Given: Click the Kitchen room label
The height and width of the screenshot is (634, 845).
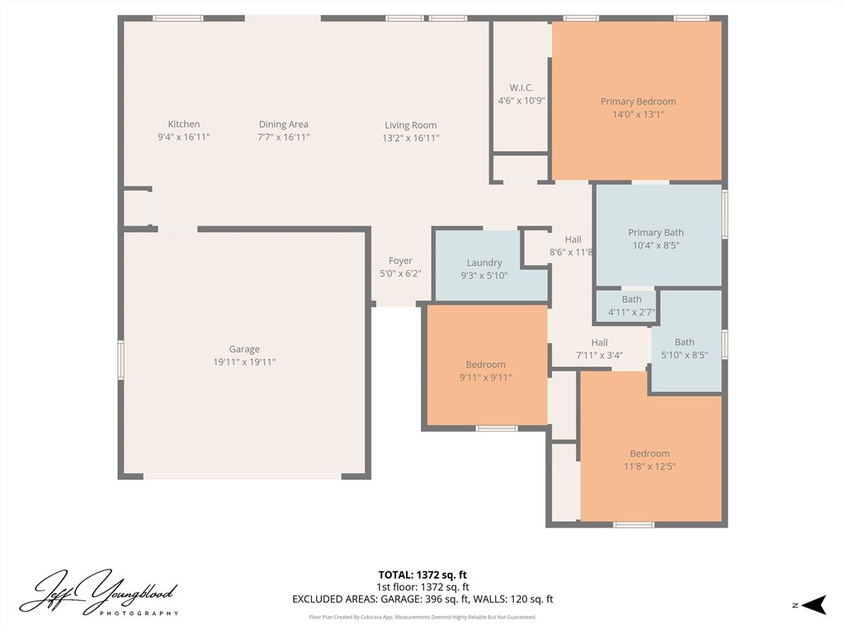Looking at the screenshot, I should tap(183, 125).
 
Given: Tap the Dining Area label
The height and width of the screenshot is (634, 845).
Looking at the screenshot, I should tap(283, 125).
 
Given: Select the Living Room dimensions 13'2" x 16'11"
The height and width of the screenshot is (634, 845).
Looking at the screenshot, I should tap(410, 138).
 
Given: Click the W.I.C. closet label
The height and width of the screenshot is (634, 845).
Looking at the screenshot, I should tap(521, 88).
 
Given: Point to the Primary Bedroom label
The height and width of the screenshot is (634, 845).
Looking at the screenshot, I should tap(637, 102).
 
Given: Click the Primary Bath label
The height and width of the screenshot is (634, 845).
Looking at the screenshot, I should tap(655, 233).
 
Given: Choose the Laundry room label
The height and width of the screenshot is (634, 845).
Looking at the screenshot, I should tap(484, 263).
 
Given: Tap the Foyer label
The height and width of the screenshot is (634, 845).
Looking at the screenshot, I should tap(400, 261).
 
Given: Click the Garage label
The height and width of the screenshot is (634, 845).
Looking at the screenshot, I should tap(244, 349).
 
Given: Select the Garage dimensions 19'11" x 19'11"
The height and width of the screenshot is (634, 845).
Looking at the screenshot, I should tap(244, 362).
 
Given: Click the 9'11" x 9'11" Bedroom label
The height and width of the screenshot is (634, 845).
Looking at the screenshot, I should tap(485, 365).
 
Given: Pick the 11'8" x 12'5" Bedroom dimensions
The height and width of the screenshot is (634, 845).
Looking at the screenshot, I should tap(649, 466).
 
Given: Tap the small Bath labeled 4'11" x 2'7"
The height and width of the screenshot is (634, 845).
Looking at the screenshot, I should tap(631, 305).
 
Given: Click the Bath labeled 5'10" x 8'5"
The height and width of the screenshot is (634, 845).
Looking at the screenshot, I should tap(684, 348).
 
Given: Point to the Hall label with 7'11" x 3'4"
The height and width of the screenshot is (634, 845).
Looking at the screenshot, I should tap(599, 343).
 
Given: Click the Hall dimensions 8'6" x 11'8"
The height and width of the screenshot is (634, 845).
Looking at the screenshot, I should tap(571, 253).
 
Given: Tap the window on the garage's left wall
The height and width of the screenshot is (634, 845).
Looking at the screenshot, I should tap(121, 361).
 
